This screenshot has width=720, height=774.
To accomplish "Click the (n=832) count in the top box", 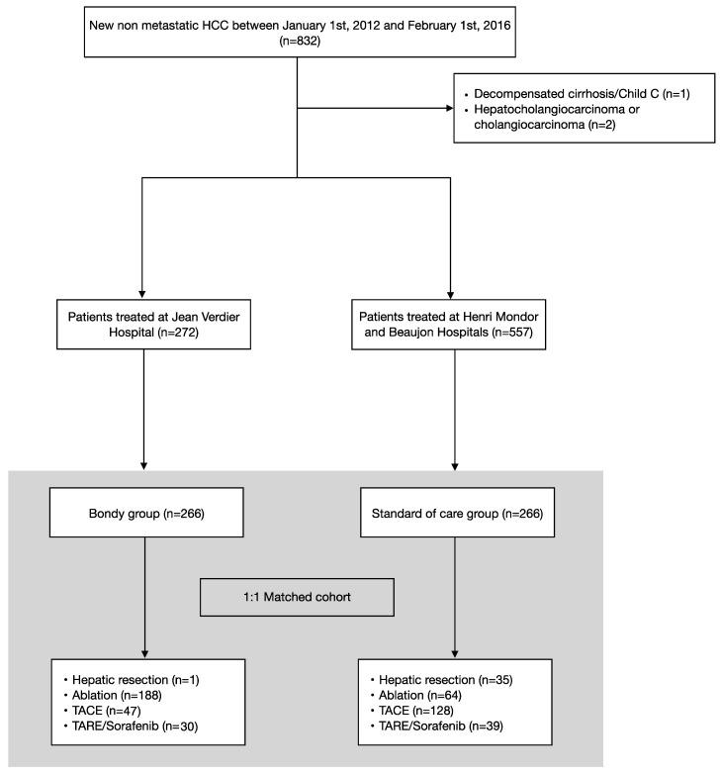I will pos(298,43).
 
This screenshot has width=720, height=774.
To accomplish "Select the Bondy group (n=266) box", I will pos(144,515).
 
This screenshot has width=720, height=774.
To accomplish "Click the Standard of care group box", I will pos(454,515).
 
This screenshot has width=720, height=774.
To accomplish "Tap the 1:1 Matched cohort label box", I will pos(298,598).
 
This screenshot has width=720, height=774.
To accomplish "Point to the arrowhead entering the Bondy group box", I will pos(144,462).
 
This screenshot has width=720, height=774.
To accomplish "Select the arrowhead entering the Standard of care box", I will pos(454,462).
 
